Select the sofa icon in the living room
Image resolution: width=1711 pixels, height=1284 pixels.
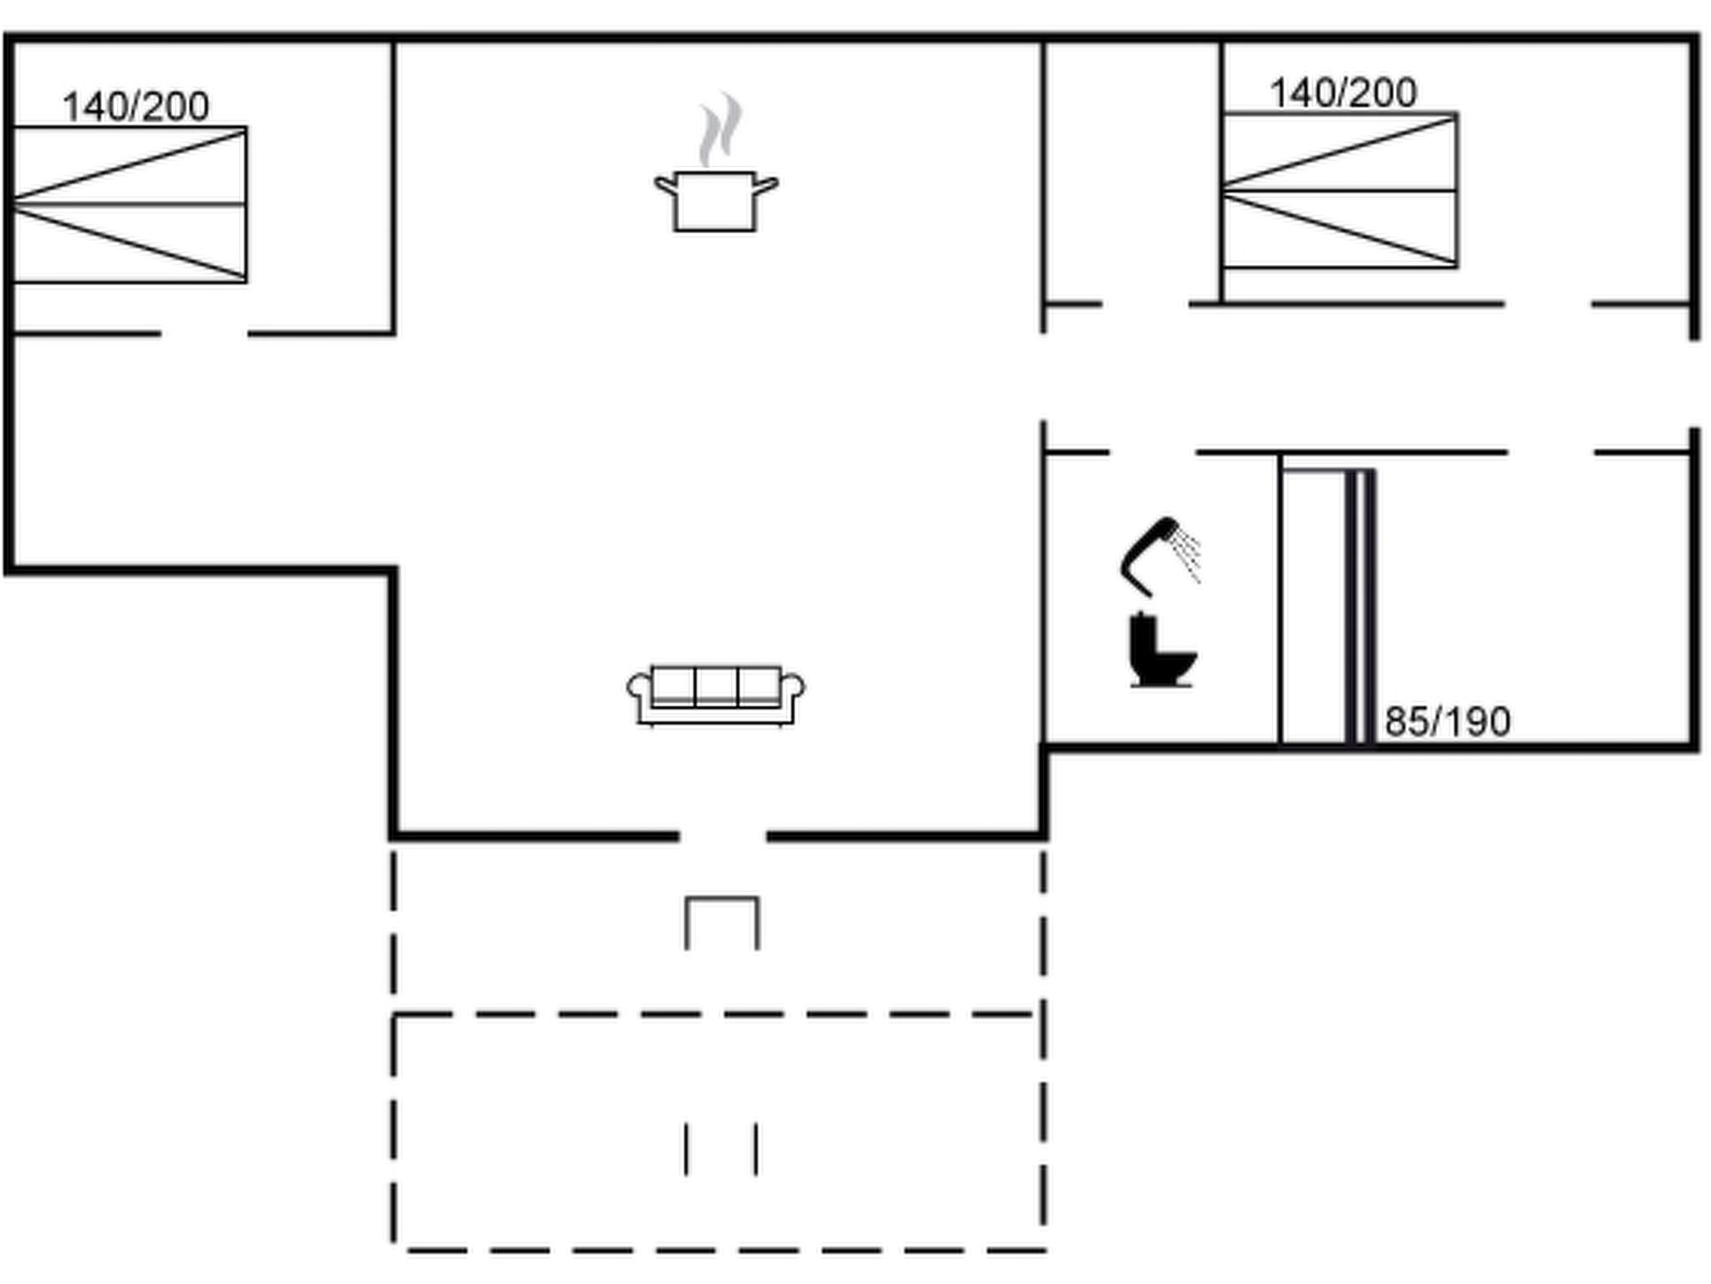click(716, 695)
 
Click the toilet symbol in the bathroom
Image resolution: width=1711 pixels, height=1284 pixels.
click(1161, 650)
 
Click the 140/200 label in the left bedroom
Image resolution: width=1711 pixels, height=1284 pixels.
click(135, 107)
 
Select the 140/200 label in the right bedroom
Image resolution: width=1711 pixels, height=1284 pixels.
click(1343, 93)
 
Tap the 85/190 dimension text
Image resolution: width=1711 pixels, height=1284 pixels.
click(1448, 721)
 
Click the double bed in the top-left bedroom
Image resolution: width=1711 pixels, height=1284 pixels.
click(129, 205)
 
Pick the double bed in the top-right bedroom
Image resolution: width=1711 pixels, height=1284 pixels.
click(1340, 191)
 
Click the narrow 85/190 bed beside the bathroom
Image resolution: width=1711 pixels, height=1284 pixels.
click(1328, 606)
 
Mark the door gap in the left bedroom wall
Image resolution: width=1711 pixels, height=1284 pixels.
click(204, 334)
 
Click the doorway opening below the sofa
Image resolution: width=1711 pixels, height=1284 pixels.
click(723, 836)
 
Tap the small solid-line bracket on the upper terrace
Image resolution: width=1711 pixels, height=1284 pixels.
click(722, 899)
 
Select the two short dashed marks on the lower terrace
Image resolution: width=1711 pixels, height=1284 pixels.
click(722, 1149)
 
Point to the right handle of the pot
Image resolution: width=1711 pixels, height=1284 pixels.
click(766, 186)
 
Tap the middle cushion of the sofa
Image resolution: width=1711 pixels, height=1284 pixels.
click(716, 685)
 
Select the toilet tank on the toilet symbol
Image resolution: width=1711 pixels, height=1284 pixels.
click(1141, 639)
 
